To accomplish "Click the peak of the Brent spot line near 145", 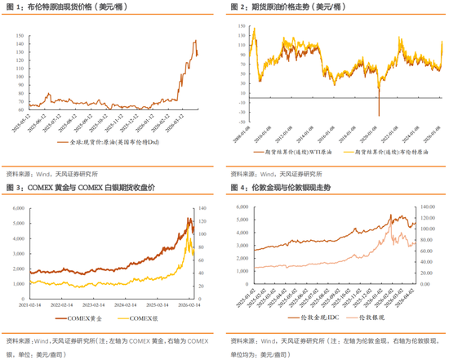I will pos(195,41).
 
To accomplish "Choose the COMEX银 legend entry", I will pos(140,318).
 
